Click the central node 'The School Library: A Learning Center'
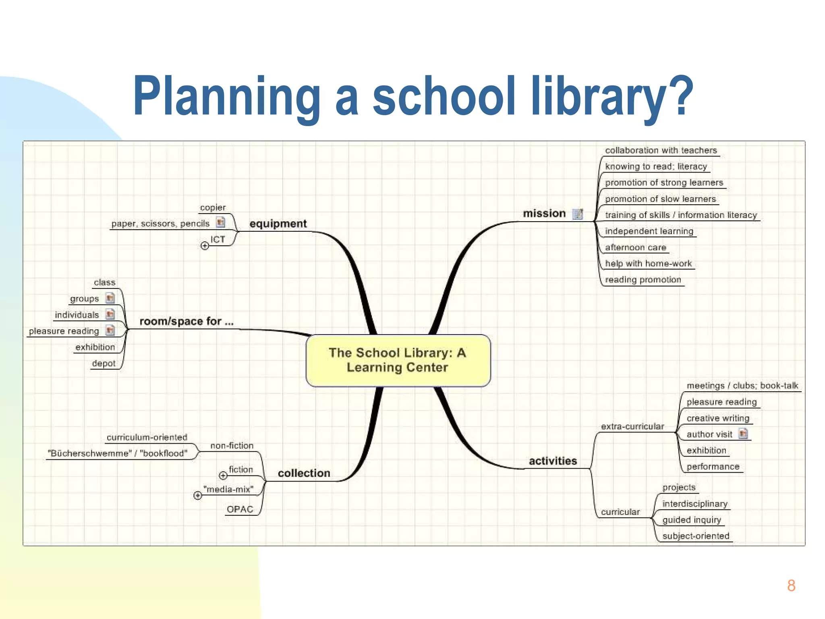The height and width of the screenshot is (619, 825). click(x=398, y=360)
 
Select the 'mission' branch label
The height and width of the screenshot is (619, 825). click(x=544, y=214)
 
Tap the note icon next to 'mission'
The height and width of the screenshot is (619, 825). click(x=578, y=214)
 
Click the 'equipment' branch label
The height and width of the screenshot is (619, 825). click(x=278, y=224)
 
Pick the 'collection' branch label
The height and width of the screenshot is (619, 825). click(x=304, y=473)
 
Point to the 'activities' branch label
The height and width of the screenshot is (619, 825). click(x=553, y=461)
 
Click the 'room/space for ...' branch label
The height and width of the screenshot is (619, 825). click(x=186, y=321)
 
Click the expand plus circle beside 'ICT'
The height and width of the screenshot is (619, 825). click(x=205, y=245)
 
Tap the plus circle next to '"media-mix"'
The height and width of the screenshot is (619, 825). click(x=198, y=495)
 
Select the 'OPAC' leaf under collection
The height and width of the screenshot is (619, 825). click(x=240, y=509)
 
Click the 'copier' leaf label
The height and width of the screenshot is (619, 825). click(x=213, y=208)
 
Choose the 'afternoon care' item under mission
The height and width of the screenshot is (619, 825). click(x=635, y=247)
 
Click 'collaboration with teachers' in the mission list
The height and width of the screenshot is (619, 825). click(x=661, y=150)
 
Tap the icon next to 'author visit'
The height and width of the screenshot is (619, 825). click(x=743, y=434)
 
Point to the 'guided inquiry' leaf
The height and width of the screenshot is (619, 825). click(x=692, y=520)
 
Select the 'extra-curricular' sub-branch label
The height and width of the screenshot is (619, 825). click(x=632, y=426)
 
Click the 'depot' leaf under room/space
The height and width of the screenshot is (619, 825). click(x=104, y=364)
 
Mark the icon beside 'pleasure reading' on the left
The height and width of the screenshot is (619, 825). click(x=110, y=330)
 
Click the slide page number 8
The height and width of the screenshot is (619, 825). click(x=791, y=586)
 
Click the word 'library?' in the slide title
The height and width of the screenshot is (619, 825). click(x=611, y=97)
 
